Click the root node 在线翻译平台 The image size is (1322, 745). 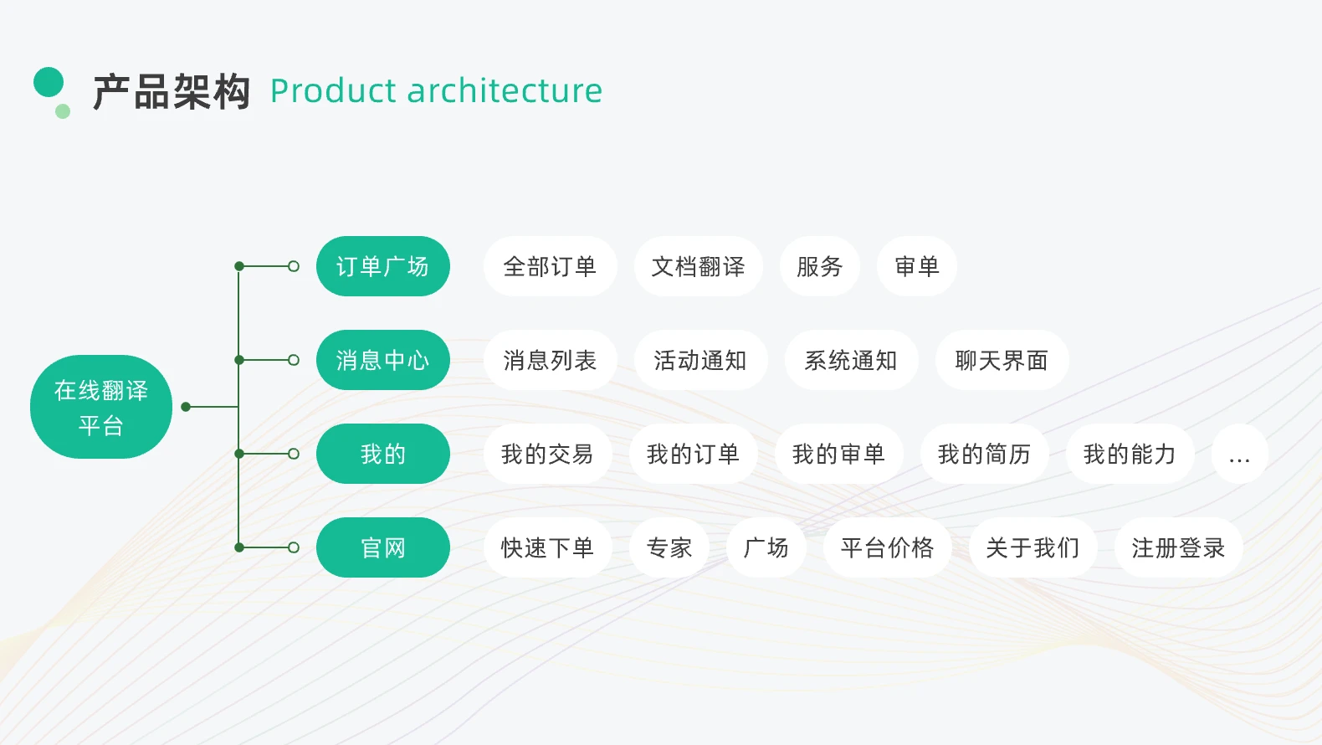coord(101,407)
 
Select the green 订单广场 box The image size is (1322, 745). coord(383,266)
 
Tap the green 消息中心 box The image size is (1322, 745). coord(383,360)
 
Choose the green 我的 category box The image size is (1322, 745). coord(383,454)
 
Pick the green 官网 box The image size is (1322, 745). coord(383,547)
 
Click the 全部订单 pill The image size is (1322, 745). coord(550,266)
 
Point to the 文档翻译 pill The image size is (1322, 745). coord(699,266)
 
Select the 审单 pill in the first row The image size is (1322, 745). coord(917,266)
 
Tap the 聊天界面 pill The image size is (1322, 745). coord(1002,360)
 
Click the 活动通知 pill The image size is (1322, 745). coord(700,360)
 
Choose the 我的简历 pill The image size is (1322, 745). coord(984,454)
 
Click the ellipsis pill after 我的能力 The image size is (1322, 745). coord(1240,454)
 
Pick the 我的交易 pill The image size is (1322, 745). coord(547,454)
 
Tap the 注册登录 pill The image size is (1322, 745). coord(1178,547)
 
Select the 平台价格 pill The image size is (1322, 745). coord(888,547)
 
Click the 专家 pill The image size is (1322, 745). coord(669,547)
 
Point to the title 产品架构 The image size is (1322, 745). coord(172,91)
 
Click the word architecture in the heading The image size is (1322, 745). coord(505,90)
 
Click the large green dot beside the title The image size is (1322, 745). coord(49,82)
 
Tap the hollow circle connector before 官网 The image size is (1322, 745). coord(294,547)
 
